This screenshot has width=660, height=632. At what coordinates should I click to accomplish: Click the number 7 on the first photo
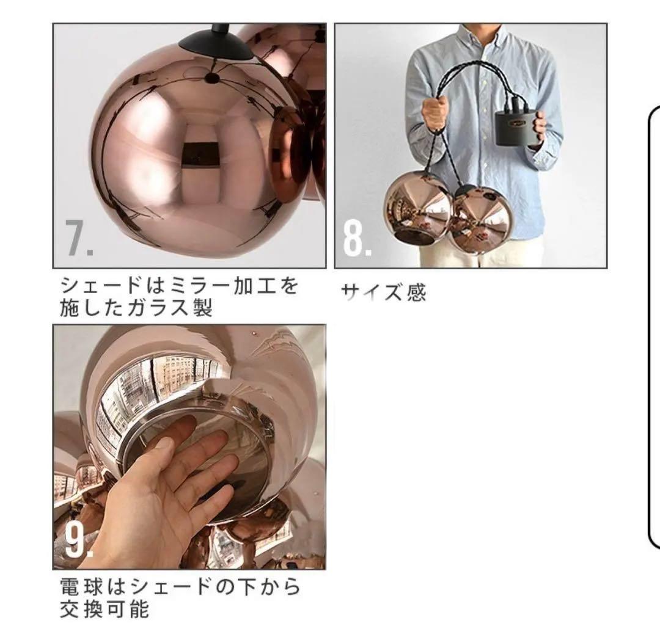78,239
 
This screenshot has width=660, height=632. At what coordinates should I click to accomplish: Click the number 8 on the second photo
356,240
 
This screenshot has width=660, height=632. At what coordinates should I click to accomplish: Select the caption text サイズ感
383,293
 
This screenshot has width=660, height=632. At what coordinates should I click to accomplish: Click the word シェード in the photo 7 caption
95,286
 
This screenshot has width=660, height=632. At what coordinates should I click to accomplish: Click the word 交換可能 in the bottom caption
105,609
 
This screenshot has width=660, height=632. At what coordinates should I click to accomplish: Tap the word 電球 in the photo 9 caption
74,587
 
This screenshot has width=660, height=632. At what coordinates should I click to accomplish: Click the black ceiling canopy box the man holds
518,126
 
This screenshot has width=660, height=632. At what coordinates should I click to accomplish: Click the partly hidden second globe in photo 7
287,55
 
